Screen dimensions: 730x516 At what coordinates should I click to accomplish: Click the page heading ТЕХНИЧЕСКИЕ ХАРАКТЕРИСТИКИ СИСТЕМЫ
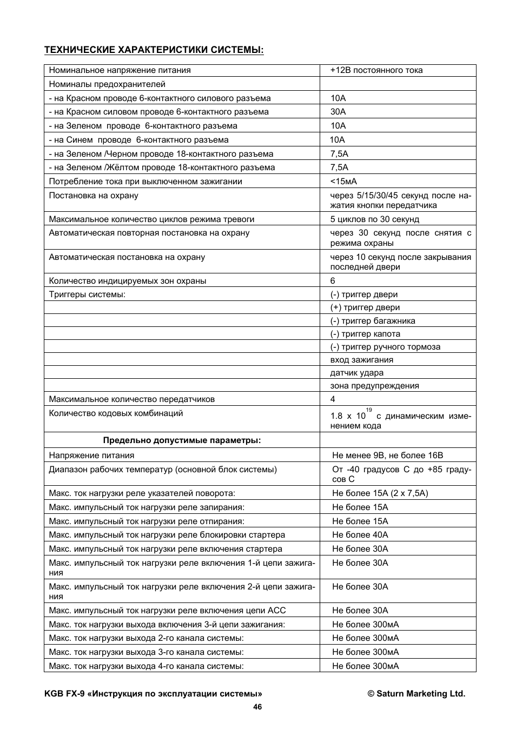(154, 50)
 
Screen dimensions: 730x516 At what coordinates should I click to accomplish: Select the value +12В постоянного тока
(376, 70)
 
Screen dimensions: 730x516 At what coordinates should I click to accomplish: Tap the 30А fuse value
(338, 112)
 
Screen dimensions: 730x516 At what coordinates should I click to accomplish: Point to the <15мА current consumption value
(343, 182)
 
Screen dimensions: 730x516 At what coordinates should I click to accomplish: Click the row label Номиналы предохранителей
(107, 84)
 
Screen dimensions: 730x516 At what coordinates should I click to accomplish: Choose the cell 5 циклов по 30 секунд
(375, 219)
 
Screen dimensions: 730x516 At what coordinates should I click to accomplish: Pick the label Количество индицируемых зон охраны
(128, 281)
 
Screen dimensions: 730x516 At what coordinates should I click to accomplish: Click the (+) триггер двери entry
(365, 307)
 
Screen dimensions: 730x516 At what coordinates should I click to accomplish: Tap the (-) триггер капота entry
(365, 334)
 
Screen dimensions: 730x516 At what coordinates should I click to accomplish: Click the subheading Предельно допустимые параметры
(182, 440)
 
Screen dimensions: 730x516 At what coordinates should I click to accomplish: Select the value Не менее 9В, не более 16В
(387, 456)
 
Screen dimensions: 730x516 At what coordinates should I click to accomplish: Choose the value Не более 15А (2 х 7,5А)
(380, 493)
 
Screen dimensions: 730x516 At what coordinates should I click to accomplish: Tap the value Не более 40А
(360, 535)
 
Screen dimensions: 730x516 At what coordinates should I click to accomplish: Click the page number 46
(257, 707)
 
